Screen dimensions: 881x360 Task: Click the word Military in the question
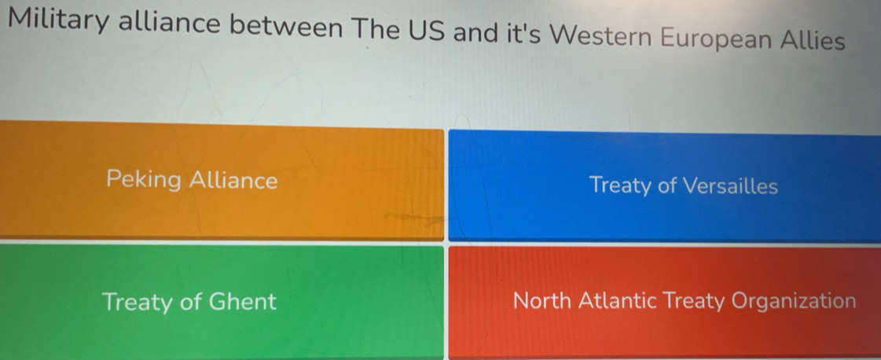point(58,23)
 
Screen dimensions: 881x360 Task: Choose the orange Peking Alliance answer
point(222,180)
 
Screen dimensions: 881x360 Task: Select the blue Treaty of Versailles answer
point(665,186)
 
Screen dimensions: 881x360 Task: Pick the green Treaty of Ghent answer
point(222,302)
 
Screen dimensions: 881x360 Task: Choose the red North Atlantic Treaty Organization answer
point(665,303)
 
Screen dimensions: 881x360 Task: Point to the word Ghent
point(242,301)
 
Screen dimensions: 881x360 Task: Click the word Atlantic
point(619,301)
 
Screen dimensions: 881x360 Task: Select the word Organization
point(793,302)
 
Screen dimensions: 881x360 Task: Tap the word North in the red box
point(542,301)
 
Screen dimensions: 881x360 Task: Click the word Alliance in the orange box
point(233,180)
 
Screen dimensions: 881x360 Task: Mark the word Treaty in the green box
point(138,302)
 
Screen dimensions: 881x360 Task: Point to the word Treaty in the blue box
point(621,186)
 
